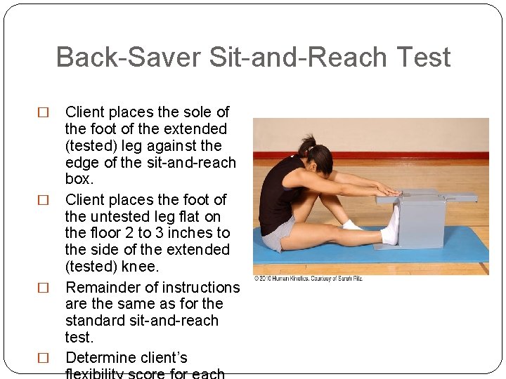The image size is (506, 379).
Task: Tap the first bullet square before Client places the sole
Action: [x=43, y=112]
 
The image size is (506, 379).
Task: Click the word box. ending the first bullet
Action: [x=79, y=179]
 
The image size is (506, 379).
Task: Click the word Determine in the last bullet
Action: [x=107, y=357]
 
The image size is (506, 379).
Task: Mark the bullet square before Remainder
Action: [x=43, y=288]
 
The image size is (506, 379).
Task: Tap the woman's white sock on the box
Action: [x=391, y=225]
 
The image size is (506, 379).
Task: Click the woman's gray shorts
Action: [x=278, y=233]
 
